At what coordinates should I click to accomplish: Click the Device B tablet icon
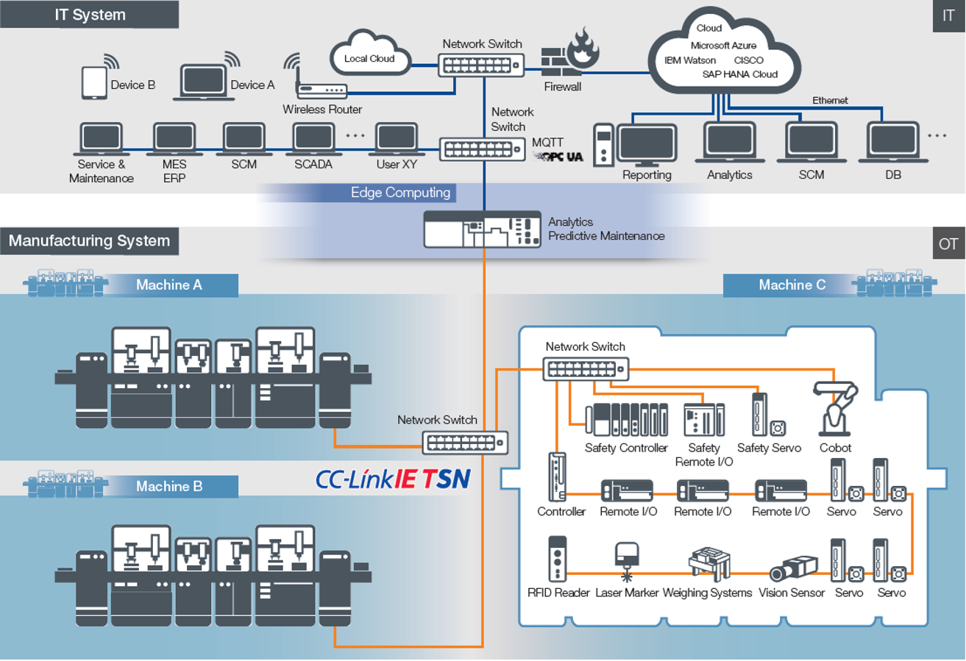[94, 82]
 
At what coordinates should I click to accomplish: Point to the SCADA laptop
[313, 138]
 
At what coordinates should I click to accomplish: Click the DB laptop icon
[893, 143]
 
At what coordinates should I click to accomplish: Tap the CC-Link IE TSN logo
[393, 479]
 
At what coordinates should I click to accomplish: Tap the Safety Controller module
[626, 421]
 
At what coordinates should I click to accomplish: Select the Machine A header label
[168, 285]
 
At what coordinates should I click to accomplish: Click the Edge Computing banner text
[400, 193]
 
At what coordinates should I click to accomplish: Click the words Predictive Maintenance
[606, 236]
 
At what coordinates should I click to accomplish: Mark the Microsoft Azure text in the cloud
[723, 46]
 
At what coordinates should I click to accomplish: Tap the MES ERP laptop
[174, 138]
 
